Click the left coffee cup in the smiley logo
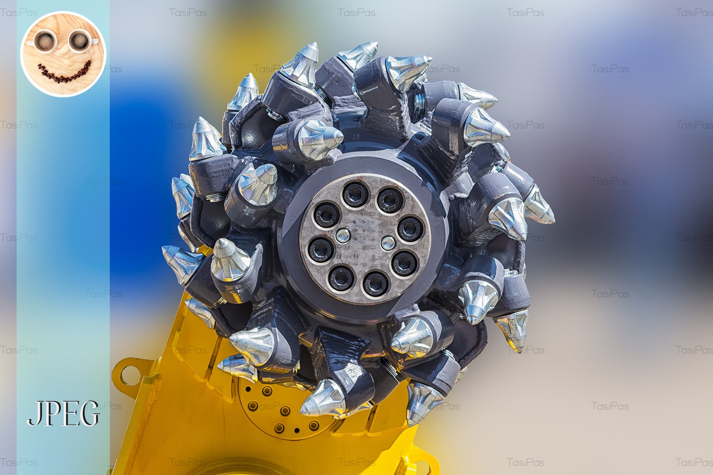pos(45,41)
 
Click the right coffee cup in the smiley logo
pos(79,41)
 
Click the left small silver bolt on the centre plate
pos(342,235)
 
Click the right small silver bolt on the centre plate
pos(388,243)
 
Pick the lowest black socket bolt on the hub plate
pos(376,284)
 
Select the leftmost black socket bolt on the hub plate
pos(321,249)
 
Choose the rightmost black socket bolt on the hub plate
pos(410,229)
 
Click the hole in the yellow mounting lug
pos(129,375)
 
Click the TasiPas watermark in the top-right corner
pos(694,12)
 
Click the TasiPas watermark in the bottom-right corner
pos(694,462)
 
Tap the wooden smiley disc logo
pos(63,54)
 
